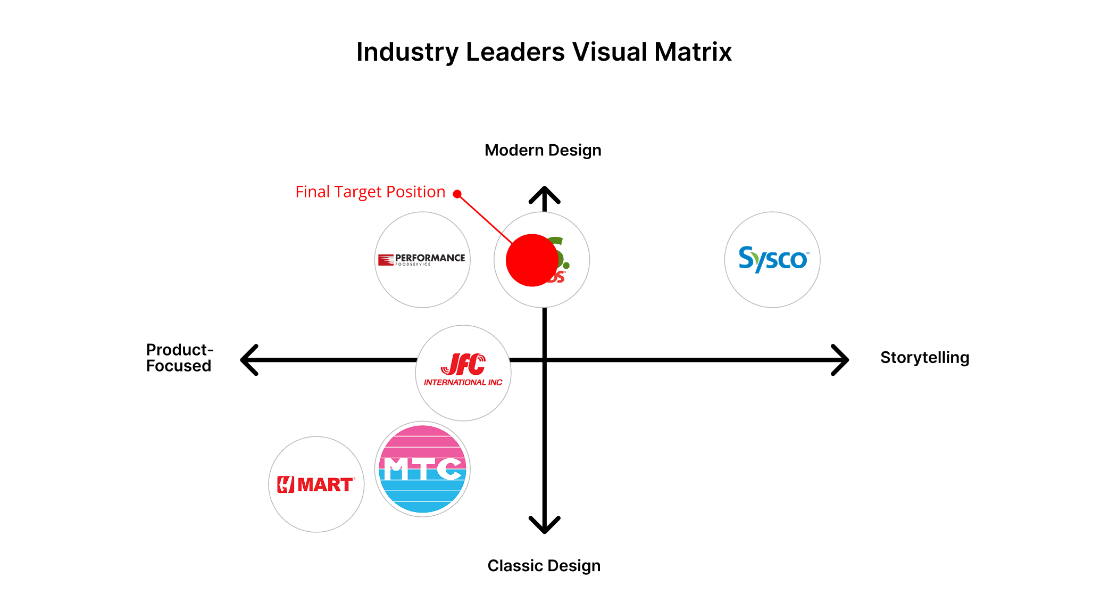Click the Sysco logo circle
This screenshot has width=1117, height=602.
(772, 260)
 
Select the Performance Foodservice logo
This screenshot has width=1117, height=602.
(422, 260)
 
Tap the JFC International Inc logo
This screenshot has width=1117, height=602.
(463, 373)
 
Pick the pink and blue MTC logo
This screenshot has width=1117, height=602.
(422, 469)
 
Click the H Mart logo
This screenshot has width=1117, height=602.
(316, 484)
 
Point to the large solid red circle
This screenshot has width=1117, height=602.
(531, 260)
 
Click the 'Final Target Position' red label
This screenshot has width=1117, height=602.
(370, 192)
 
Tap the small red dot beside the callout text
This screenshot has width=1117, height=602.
(457, 194)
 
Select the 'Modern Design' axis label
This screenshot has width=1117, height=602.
(543, 151)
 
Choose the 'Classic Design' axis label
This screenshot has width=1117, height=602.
(544, 566)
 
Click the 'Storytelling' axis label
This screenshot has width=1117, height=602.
(924, 358)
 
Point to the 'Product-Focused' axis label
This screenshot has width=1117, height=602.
(179, 358)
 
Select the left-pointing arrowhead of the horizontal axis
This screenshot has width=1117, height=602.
(247, 360)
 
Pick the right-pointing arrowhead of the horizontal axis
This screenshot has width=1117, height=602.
(842, 360)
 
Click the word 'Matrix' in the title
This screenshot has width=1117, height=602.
(693, 52)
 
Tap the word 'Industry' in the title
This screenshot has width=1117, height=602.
(407, 52)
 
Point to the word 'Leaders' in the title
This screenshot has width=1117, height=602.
(515, 52)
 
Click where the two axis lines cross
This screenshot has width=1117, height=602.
(544, 360)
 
